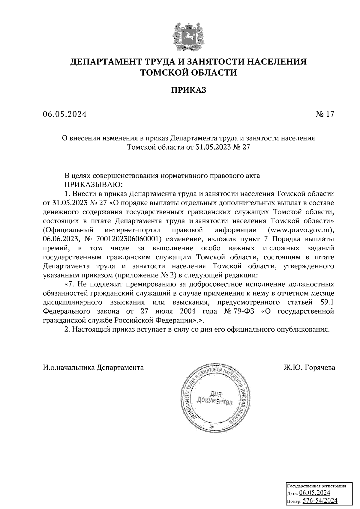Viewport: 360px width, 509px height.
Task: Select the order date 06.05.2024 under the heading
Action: (64, 114)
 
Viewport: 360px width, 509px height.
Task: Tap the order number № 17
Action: (325, 114)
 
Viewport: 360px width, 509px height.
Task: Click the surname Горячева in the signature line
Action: (320, 368)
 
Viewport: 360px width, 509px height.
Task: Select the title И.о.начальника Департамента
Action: (93, 368)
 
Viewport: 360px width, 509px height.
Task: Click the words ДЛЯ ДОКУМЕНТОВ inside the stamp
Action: (214, 398)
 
